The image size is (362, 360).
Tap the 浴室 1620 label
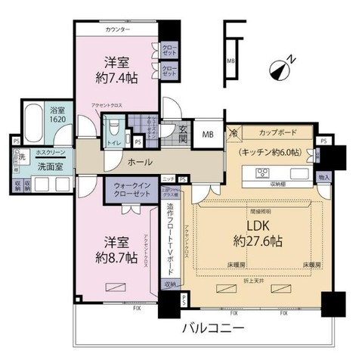[x=57, y=114]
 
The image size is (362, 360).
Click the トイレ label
[x=113, y=141]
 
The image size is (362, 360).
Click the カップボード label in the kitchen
[x=276, y=131]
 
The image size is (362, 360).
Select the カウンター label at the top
[x=119, y=29]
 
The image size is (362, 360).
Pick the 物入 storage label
[x=323, y=176]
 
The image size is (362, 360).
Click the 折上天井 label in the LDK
[x=249, y=279]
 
